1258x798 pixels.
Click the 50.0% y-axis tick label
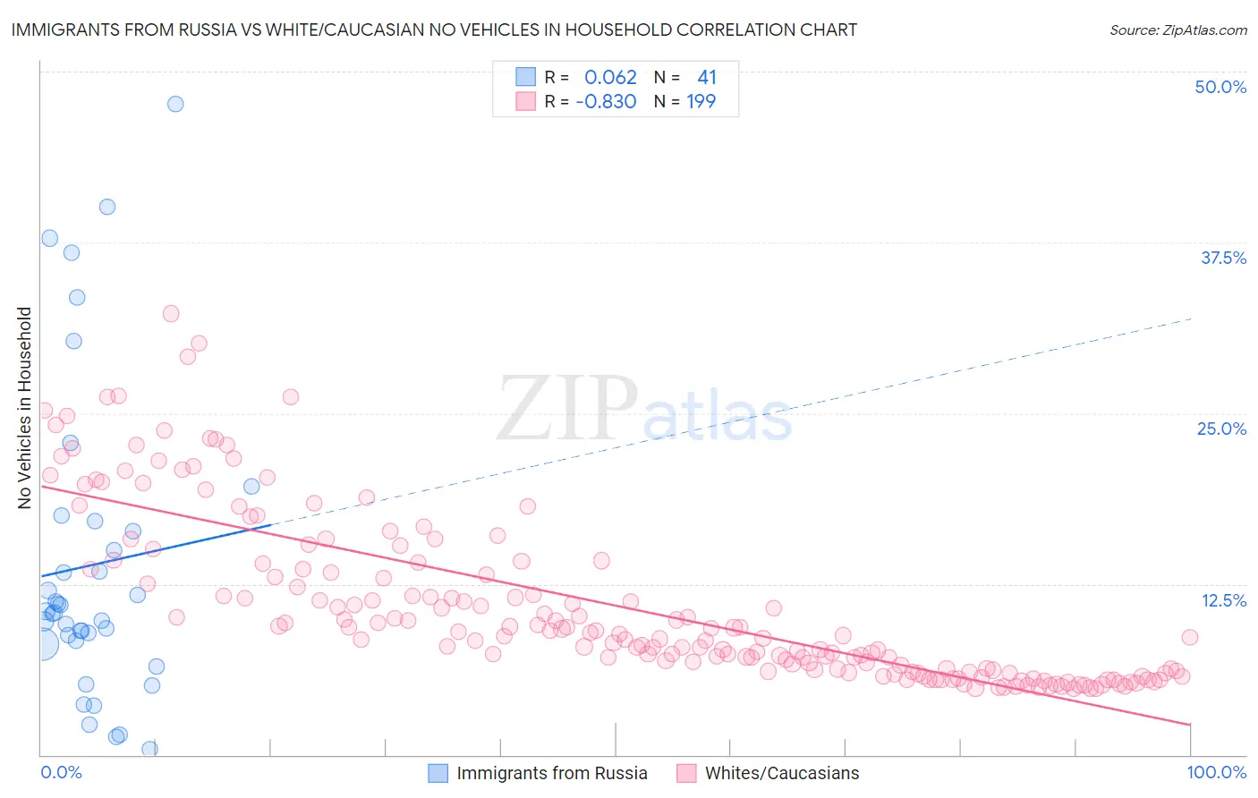click(1220, 87)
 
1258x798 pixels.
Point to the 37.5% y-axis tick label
click(1223, 258)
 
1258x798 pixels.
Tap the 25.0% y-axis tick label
click(1221, 429)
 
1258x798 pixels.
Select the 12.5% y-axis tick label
click(1223, 600)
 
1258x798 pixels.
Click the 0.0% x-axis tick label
click(61, 772)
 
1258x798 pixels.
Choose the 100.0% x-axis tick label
click(1216, 772)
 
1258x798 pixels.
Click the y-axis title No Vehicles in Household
click(25, 408)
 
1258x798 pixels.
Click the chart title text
click(434, 30)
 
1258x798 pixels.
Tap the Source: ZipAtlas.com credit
click(1177, 30)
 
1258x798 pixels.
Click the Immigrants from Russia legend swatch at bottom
click(438, 773)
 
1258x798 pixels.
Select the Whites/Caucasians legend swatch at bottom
click(686, 773)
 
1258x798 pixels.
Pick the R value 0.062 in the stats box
click(610, 78)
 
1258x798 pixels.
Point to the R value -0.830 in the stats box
click(606, 102)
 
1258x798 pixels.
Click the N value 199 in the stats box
click(701, 102)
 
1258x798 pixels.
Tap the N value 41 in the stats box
click(707, 78)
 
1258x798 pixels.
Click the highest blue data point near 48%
click(175, 104)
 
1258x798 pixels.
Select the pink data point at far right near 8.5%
click(1189, 637)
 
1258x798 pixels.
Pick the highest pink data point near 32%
click(171, 313)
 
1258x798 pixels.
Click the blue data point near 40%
click(107, 207)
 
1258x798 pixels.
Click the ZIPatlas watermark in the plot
click(644, 410)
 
